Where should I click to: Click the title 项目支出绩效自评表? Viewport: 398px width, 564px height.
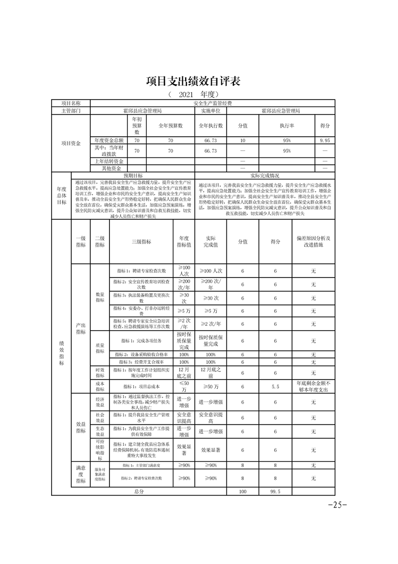point(199,81)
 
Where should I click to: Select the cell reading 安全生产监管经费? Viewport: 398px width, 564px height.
point(212,103)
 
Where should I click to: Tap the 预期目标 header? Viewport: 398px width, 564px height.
point(133,176)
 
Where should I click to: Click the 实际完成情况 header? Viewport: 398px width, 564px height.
point(264,176)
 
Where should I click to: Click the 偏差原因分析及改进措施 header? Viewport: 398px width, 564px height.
point(313,241)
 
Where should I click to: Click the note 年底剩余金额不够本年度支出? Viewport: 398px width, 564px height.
point(313,387)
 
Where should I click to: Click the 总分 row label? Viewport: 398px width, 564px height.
point(139,491)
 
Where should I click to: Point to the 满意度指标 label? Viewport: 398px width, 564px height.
point(80,474)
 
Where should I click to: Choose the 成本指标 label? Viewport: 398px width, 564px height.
point(100,387)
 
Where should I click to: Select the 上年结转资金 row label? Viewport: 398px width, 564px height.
point(108,161)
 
